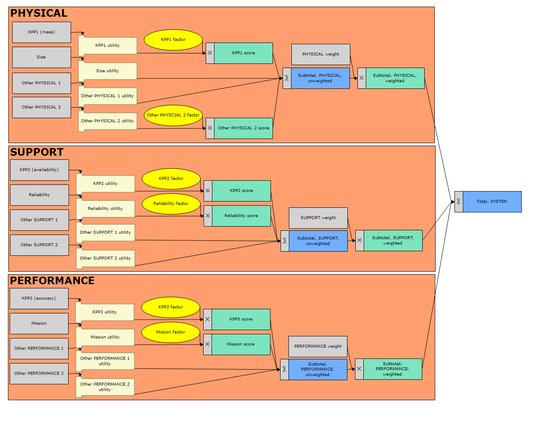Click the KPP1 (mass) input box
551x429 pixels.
pyautogui.click(x=41, y=32)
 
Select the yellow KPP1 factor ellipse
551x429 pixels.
pyautogui.click(x=173, y=40)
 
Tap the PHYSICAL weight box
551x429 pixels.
pyautogui.click(x=321, y=54)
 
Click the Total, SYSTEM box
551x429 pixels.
pyautogui.click(x=492, y=202)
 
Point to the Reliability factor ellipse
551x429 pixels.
pyautogui.click(x=171, y=204)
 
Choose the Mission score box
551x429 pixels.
pyautogui.click(x=241, y=344)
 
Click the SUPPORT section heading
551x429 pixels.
pyautogui.click(x=37, y=152)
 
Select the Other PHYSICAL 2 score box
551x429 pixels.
pyautogui.click(x=243, y=128)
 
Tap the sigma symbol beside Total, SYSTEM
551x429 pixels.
pyautogui.click(x=459, y=202)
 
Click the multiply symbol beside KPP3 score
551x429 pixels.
pyautogui.click(x=207, y=319)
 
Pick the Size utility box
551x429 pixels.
pyautogui.click(x=107, y=71)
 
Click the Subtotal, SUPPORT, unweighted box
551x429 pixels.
pyautogui.click(x=318, y=241)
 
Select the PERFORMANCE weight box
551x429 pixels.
pyautogui.click(x=318, y=346)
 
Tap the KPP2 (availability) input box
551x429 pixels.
pyautogui.click(x=39, y=170)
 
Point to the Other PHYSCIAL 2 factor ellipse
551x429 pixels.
pyautogui.click(x=173, y=115)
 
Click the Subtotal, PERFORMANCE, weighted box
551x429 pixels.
pyautogui.click(x=392, y=369)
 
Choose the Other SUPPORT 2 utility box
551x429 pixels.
pyautogui.click(x=105, y=258)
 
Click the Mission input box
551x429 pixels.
pyautogui.click(x=39, y=323)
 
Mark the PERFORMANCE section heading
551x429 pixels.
pyautogui.click(x=52, y=281)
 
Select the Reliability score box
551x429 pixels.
pyautogui.click(x=241, y=216)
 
